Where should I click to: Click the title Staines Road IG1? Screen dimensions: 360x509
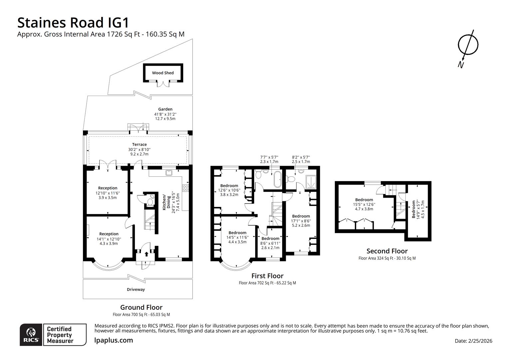[x=73, y=23]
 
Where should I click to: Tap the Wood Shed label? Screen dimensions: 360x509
[x=163, y=73]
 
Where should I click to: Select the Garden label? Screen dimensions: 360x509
[x=165, y=109]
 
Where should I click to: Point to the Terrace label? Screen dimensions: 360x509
[x=139, y=145]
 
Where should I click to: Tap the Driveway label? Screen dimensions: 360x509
[x=136, y=289]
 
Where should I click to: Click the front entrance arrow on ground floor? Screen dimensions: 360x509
[x=146, y=254]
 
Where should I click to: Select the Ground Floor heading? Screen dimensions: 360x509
[x=141, y=307]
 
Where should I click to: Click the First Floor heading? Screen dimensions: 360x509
[x=267, y=276]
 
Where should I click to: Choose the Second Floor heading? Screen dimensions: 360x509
[x=387, y=251]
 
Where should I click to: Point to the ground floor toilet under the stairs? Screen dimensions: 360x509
[x=150, y=201]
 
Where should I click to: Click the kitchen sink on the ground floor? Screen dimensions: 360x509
[x=169, y=173]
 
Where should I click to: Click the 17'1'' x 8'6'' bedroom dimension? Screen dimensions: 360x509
[x=301, y=221]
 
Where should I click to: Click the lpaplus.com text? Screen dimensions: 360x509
[x=114, y=340]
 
